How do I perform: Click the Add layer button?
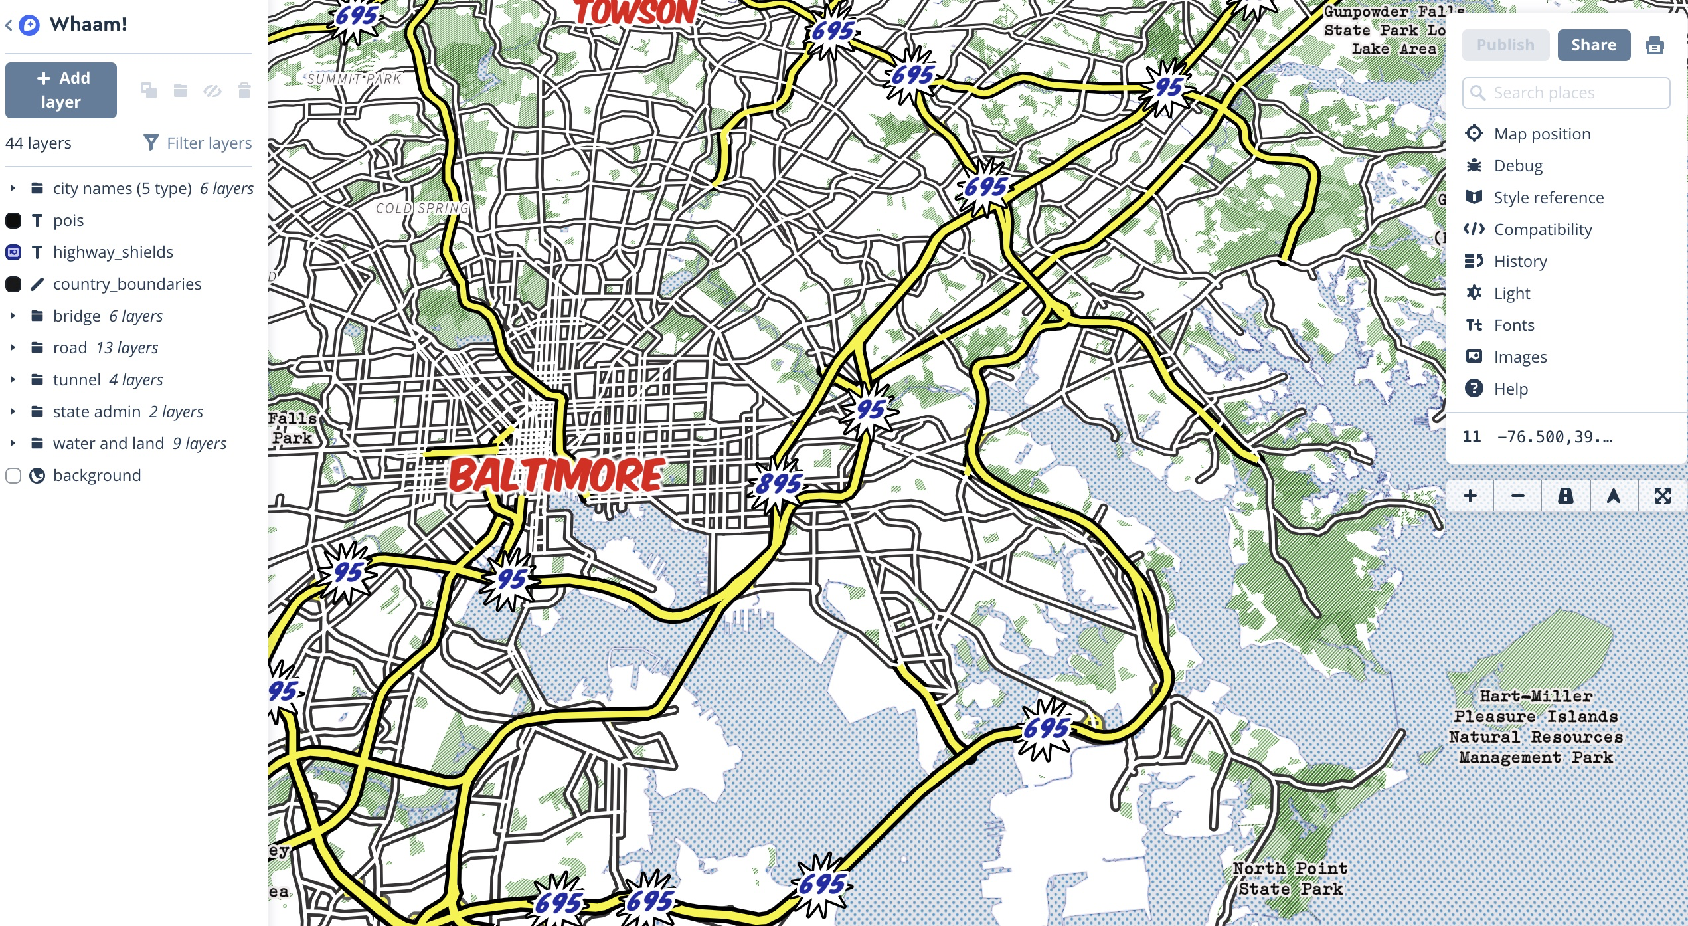(61, 90)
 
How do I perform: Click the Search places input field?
(1574, 93)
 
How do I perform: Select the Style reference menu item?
(1548, 197)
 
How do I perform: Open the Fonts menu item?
(1513, 325)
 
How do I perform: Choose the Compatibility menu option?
(1542, 229)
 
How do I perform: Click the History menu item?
(1519, 261)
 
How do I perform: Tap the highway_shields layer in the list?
(113, 252)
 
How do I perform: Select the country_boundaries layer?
(127, 284)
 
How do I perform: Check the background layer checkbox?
(13, 476)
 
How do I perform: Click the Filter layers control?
(198, 143)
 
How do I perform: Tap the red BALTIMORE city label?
(556, 475)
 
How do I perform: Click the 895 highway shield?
(778, 484)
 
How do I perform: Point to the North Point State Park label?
(1290, 878)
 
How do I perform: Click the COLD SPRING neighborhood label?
(422, 208)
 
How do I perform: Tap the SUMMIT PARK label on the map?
(355, 79)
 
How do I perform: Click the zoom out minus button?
(1517, 496)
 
